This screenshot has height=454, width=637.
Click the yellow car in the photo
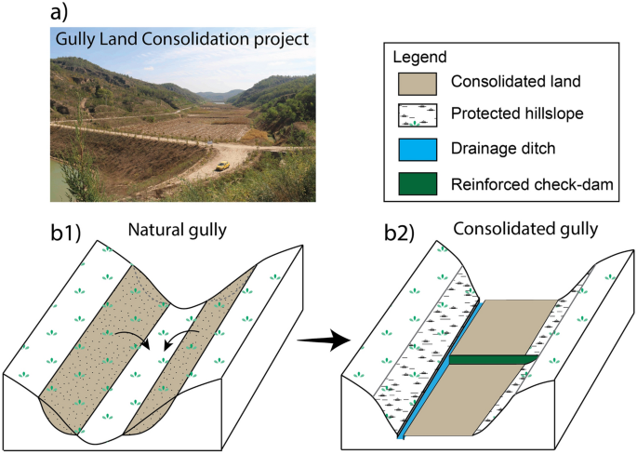click(x=221, y=167)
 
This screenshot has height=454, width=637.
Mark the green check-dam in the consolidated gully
click(x=493, y=359)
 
